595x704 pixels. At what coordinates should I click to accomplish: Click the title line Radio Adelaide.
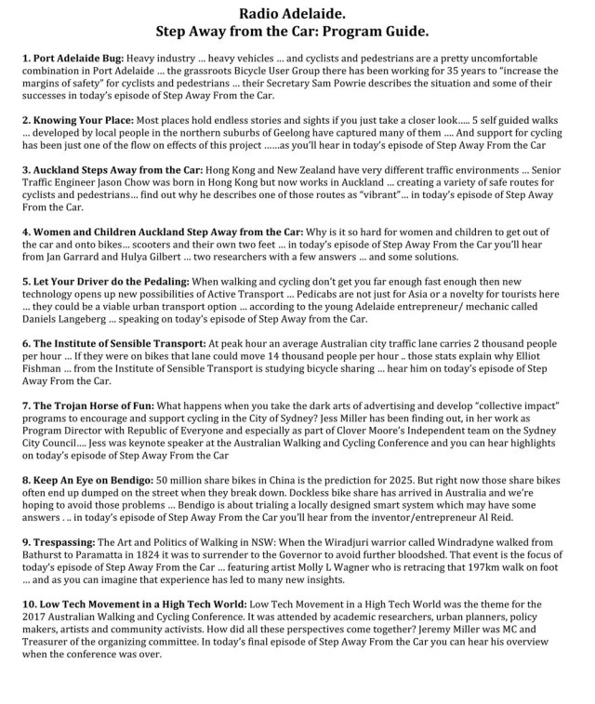pos(297,14)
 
